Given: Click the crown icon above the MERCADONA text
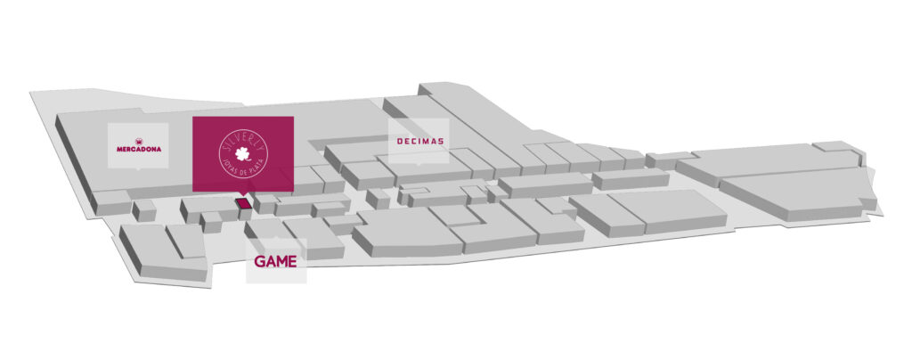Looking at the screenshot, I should (x=139, y=140).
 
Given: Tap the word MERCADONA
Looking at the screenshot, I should (x=139, y=150).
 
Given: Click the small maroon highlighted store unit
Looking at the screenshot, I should (x=243, y=204).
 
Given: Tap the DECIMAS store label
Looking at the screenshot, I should (x=419, y=141).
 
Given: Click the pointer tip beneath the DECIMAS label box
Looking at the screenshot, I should (x=419, y=166).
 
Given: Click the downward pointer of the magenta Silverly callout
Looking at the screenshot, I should (x=243, y=195).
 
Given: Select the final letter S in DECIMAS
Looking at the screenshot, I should (x=442, y=141).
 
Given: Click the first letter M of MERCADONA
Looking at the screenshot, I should (x=119, y=150).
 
